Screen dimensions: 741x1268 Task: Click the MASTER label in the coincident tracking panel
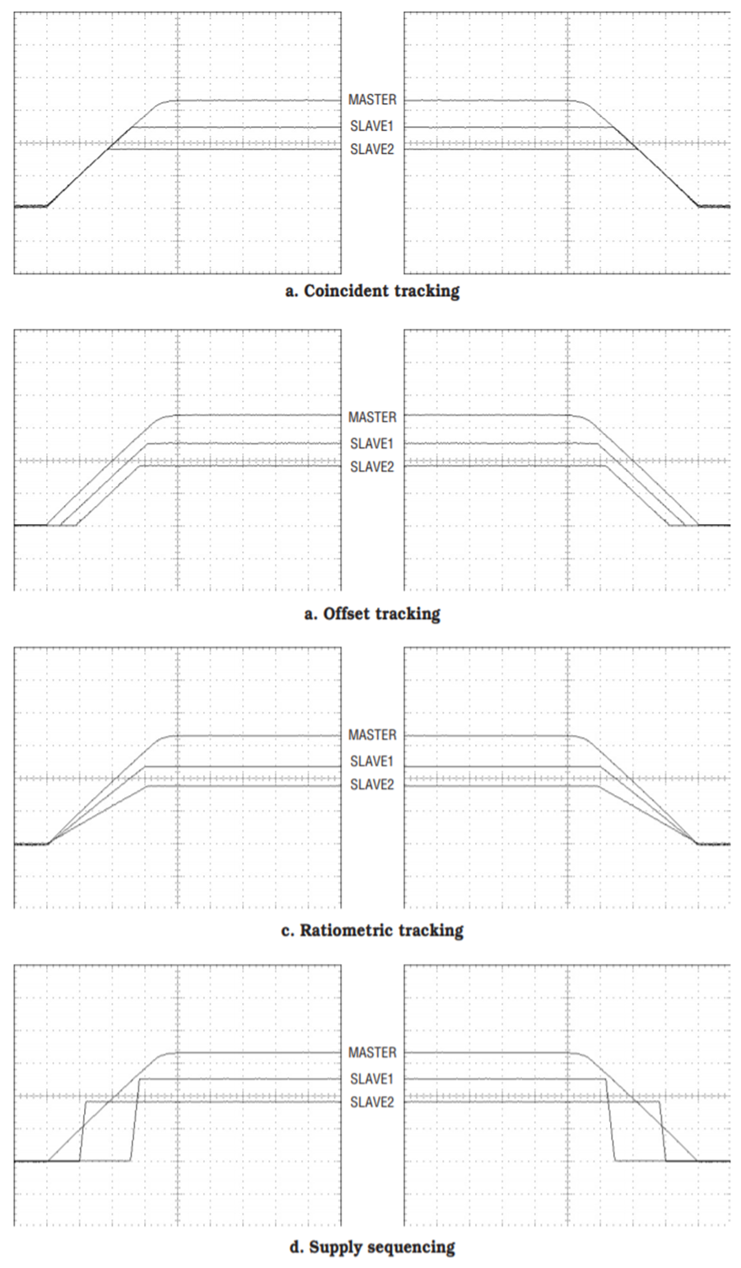pyautogui.click(x=372, y=100)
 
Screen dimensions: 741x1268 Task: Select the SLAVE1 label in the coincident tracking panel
pyautogui.click(x=371, y=126)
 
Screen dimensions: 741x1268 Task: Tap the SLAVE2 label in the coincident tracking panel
pyautogui.click(x=371, y=149)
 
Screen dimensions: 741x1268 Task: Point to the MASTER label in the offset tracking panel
pyautogui.click(x=372, y=417)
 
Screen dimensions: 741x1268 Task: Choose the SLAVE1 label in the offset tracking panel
pyautogui.click(x=371, y=444)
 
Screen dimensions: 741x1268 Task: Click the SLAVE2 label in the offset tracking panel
pyautogui.click(x=371, y=467)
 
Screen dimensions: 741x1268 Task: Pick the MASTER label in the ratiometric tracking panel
pyautogui.click(x=372, y=735)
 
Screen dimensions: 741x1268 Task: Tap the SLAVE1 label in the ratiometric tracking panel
pyautogui.click(x=371, y=761)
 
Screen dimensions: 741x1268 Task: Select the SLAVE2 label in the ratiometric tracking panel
pyautogui.click(x=371, y=784)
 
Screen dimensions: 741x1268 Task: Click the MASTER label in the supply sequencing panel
pyautogui.click(x=372, y=1052)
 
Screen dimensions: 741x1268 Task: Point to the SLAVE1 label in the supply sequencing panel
pyautogui.click(x=371, y=1079)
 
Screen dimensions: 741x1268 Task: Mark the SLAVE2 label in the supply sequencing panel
pyautogui.click(x=371, y=1102)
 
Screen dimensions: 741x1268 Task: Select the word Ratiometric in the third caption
pyautogui.click(x=347, y=931)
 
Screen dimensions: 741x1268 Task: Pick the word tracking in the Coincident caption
pyautogui.click(x=426, y=292)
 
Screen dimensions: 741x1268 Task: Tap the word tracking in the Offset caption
pyautogui.click(x=408, y=614)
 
